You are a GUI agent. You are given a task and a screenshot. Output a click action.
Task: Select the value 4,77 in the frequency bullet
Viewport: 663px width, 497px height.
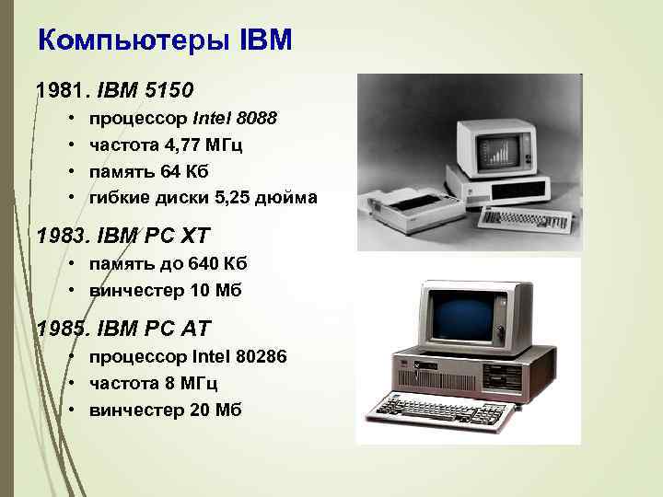click(185, 144)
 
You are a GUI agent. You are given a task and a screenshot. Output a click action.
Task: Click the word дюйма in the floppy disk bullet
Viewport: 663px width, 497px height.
click(290, 197)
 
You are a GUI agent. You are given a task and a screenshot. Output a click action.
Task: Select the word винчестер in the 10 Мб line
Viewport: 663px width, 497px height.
click(134, 291)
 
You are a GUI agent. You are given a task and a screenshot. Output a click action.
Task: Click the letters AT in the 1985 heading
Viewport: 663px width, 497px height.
click(191, 328)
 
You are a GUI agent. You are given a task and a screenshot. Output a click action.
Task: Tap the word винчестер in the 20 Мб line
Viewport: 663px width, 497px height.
click(134, 410)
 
